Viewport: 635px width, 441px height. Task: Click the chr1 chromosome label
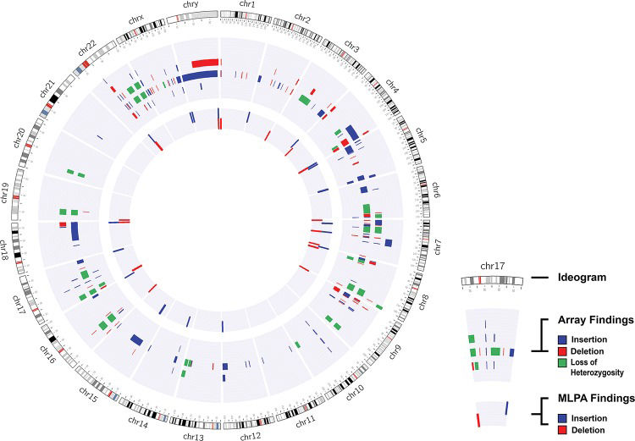pos(248,5)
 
